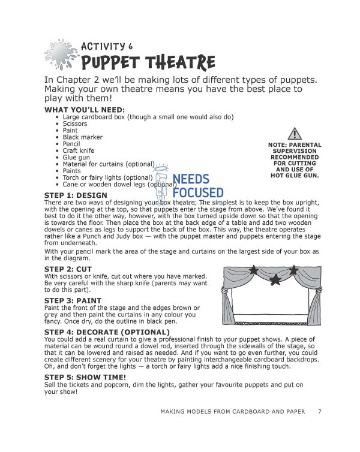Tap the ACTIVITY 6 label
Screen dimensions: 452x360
tap(107, 46)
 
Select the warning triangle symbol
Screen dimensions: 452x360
tap(294, 134)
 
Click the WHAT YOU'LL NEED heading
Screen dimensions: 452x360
tap(85, 110)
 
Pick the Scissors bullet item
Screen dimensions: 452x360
tap(75, 123)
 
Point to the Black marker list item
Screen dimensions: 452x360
tap(83, 137)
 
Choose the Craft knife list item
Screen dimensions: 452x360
tap(79, 151)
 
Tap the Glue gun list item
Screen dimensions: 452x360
tap(76, 158)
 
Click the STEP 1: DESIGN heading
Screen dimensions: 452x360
tap(76, 195)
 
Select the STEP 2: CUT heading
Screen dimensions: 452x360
tap(68, 269)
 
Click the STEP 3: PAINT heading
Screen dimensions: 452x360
tap(73, 300)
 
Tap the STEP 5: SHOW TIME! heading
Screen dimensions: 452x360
tap(85, 376)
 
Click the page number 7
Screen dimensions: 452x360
tap(320, 411)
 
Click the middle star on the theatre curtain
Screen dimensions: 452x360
tap(275, 279)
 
